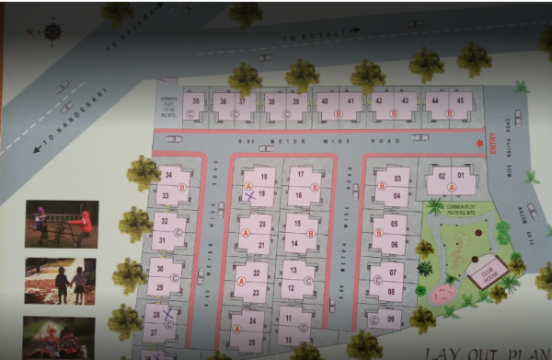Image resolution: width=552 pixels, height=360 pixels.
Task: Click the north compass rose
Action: pyautogui.click(x=52, y=31)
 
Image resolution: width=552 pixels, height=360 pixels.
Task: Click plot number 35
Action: pyautogui.click(x=194, y=100)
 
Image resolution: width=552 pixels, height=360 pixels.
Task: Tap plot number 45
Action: pyautogui.click(x=459, y=100)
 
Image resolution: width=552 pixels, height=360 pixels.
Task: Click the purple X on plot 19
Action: pyautogui.click(x=249, y=195)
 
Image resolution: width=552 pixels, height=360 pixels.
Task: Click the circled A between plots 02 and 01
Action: pyautogui.click(x=451, y=186)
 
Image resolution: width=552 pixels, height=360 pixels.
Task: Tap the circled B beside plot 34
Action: pyautogui.click(x=182, y=187)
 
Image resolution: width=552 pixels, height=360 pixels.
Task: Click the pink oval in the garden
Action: pyautogui.click(x=445, y=293)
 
